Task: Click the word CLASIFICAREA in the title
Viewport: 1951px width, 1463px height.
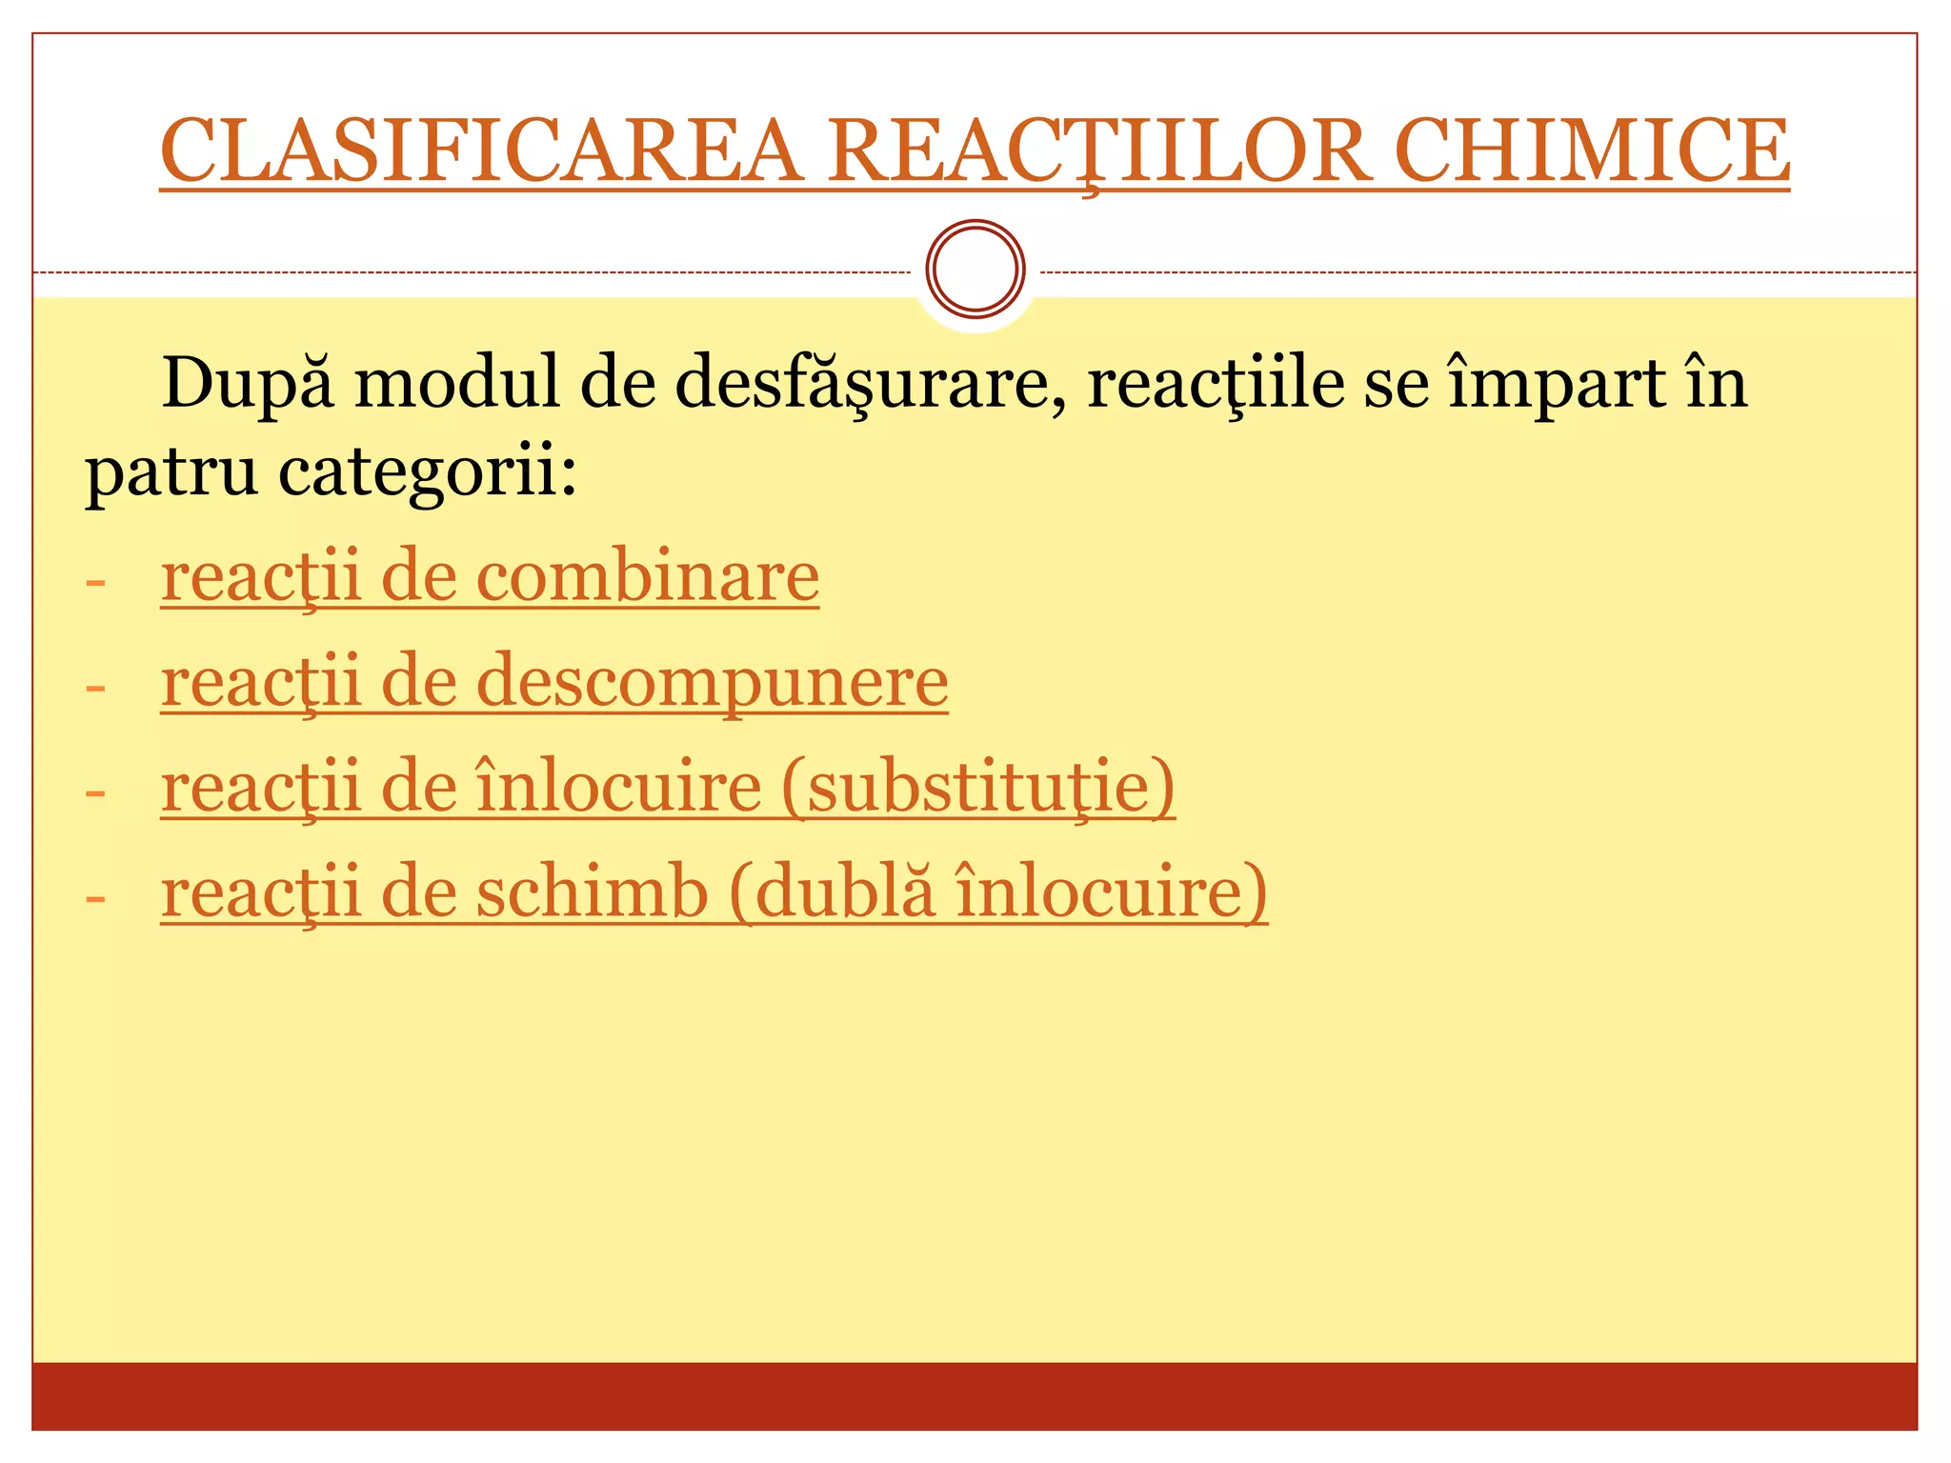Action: point(481,150)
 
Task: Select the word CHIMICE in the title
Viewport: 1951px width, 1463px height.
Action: point(1592,150)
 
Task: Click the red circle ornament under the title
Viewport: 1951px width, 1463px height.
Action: point(975,269)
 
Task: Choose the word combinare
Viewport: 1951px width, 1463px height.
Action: point(648,577)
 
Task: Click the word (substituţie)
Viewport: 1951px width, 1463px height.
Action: point(978,788)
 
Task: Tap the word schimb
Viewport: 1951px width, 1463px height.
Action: point(592,892)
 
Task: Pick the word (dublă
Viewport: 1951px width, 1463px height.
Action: point(832,892)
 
